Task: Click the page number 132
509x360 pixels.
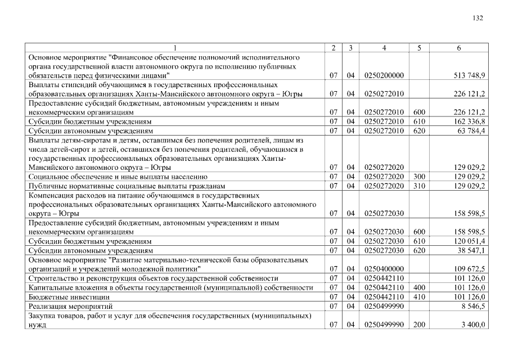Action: [x=478, y=18]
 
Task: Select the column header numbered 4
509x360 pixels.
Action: [x=384, y=48]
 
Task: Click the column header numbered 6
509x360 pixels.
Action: [x=460, y=48]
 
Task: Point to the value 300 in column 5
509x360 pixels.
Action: [x=420, y=177]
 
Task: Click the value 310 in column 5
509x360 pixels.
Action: [x=420, y=186]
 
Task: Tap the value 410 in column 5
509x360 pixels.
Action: [x=420, y=296]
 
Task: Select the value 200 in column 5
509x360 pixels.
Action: [x=420, y=325]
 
